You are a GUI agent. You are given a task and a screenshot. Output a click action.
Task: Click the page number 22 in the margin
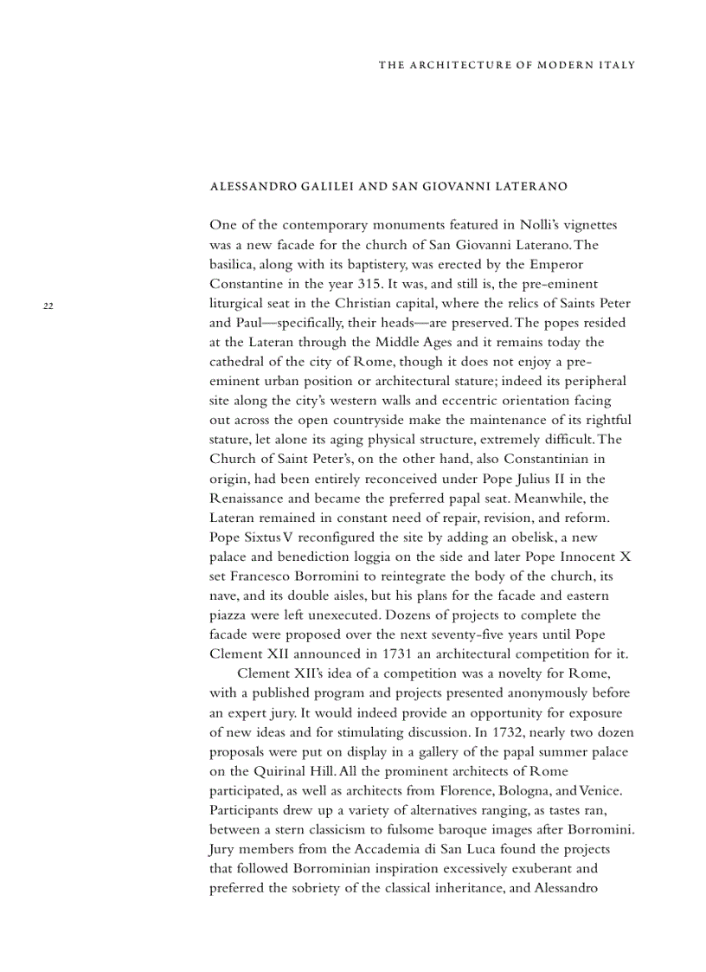(x=48, y=306)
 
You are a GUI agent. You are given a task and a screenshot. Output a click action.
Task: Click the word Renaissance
(x=249, y=499)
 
